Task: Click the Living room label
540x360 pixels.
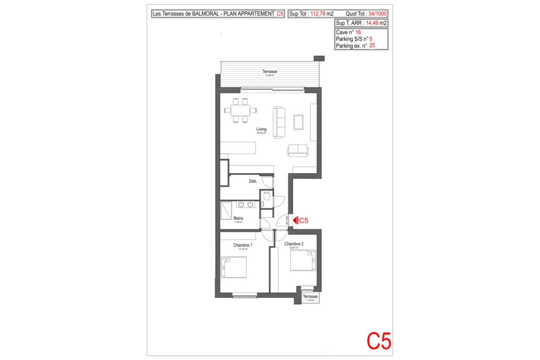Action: tap(261, 129)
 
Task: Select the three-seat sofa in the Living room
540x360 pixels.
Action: tap(280, 122)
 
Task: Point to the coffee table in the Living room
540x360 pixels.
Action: tap(298, 121)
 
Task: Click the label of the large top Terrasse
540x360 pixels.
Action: tap(270, 72)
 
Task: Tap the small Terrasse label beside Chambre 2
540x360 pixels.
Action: tap(310, 297)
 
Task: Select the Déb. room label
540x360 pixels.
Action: tap(253, 181)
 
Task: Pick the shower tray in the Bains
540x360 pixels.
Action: tap(227, 210)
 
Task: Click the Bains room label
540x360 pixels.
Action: tap(238, 219)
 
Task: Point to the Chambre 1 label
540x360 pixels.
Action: tap(243, 245)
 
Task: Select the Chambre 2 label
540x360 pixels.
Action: tap(294, 244)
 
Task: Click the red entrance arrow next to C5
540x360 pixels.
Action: tap(295, 220)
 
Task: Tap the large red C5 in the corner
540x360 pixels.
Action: tap(379, 341)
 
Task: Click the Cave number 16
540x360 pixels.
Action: tap(358, 32)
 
